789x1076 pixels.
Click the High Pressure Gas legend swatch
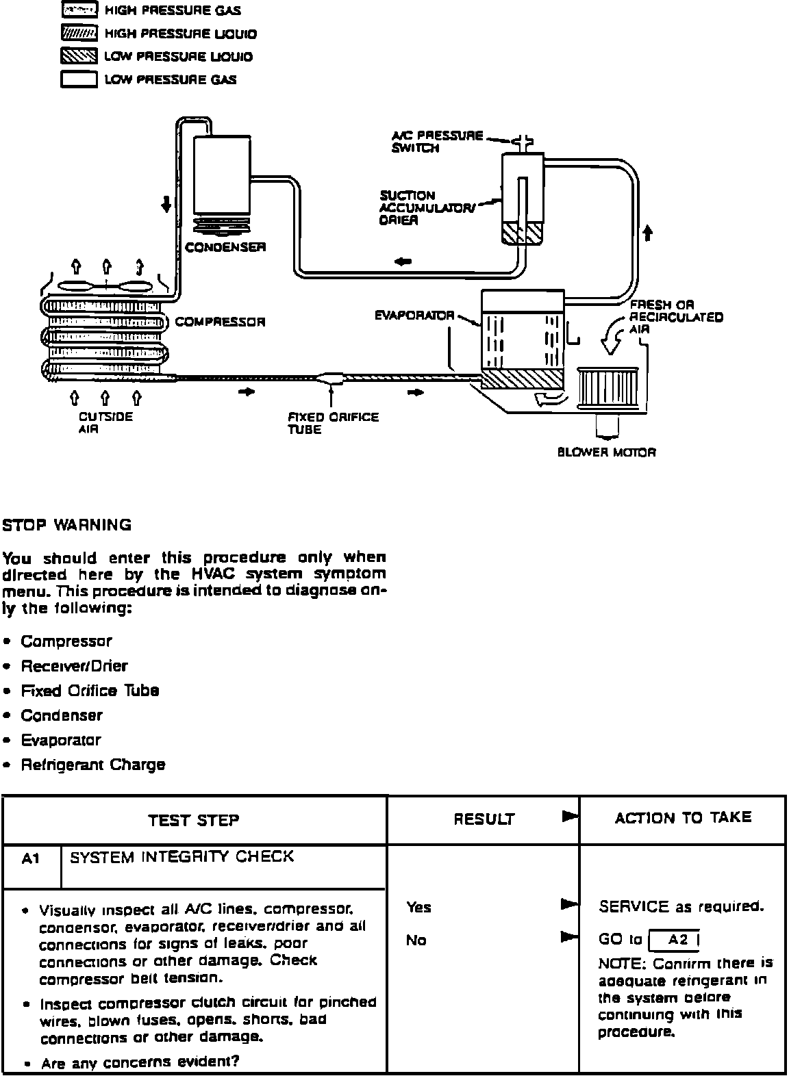(79, 10)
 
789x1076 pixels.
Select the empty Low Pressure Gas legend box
(79, 80)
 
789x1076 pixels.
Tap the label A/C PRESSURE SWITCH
(437, 142)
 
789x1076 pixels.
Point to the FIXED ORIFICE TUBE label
(333, 423)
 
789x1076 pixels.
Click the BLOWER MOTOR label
(606, 452)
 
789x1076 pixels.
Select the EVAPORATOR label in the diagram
(414, 316)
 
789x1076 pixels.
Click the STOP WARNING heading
(66, 526)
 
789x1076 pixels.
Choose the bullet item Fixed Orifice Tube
(90, 691)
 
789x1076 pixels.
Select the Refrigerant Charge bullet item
(92, 765)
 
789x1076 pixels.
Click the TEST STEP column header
(194, 820)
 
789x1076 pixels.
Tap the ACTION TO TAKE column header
(683, 818)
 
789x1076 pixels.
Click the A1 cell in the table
(31, 858)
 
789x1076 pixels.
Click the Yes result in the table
(418, 908)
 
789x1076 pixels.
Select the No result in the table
(416, 940)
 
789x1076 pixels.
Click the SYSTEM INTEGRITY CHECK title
(182, 857)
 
